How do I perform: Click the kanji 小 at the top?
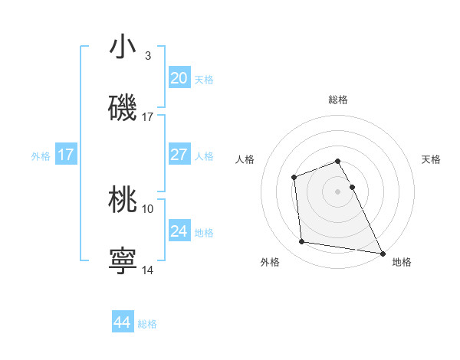(x=123, y=47)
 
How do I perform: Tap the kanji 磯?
(x=123, y=108)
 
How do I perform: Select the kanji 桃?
(x=123, y=199)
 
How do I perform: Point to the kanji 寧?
(x=123, y=260)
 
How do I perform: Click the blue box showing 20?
(x=179, y=77)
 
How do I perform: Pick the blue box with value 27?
(x=179, y=154)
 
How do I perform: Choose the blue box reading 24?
(x=179, y=231)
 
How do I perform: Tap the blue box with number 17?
(x=66, y=154)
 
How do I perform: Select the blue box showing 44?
(x=123, y=322)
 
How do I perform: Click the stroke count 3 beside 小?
(x=148, y=55)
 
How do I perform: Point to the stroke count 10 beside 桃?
(x=148, y=208)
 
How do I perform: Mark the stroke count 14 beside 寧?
(x=148, y=270)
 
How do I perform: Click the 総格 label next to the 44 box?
(x=147, y=324)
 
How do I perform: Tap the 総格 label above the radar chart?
(x=338, y=100)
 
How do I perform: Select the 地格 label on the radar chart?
(x=402, y=262)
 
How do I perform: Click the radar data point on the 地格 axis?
(x=383, y=253)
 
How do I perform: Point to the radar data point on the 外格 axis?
(x=302, y=242)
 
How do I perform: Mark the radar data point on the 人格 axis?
(x=294, y=178)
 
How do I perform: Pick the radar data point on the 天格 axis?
(x=352, y=187)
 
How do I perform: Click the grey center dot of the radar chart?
(x=338, y=191)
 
